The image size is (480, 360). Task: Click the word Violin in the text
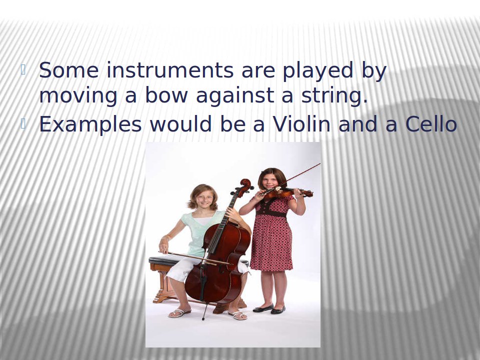[x=301, y=124]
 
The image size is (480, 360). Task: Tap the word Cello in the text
[x=431, y=124]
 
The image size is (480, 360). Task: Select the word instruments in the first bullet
[x=170, y=70]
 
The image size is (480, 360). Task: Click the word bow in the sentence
[x=166, y=95]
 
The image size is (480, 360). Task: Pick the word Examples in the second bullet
[x=90, y=125]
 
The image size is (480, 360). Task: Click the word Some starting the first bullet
[x=69, y=70]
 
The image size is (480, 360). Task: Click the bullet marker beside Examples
[x=23, y=123]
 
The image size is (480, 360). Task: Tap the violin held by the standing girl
[x=288, y=192]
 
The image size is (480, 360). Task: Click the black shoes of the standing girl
[x=269, y=309]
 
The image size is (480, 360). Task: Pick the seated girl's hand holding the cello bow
[x=164, y=246]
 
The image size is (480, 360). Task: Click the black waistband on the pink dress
[x=271, y=213]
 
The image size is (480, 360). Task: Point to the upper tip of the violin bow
[x=320, y=164]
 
